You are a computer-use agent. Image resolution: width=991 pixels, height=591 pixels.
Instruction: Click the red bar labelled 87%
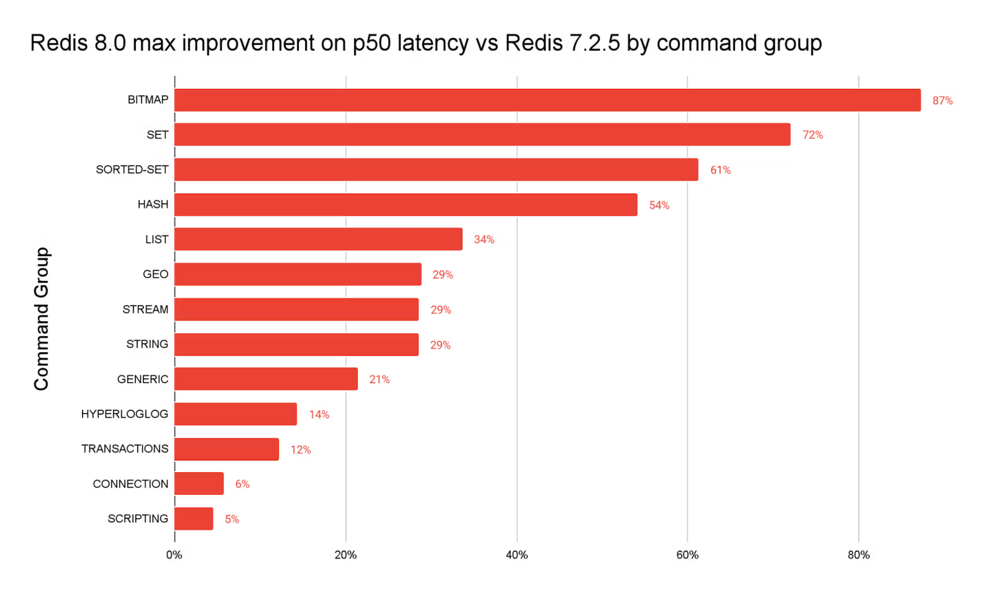547,100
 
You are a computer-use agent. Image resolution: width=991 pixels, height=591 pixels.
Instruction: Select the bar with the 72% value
482,135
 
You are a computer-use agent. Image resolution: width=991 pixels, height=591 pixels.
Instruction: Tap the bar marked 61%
436,170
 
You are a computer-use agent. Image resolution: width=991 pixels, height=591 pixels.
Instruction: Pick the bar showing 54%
406,205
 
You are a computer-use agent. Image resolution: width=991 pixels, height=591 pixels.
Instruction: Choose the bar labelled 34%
318,239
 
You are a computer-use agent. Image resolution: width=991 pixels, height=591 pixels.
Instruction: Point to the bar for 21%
266,379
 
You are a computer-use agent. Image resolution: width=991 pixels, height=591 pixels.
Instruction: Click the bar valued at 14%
236,414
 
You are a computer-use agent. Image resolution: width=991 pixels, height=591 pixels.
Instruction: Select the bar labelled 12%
227,450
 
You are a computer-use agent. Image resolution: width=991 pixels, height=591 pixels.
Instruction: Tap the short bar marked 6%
199,484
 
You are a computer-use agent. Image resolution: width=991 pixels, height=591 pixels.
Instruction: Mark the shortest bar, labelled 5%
194,519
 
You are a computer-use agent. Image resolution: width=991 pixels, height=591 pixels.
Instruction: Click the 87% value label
942,101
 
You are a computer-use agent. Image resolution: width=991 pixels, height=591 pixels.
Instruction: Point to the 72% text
812,135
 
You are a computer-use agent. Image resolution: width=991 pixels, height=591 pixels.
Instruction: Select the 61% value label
721,170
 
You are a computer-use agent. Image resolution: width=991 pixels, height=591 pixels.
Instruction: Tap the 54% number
659,205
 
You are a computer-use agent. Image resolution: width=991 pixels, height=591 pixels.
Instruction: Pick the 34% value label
484,240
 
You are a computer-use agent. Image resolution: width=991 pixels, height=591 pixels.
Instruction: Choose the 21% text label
379,380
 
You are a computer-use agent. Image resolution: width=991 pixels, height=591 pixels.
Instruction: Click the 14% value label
319,415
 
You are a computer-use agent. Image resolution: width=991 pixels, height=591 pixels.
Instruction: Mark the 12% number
300,450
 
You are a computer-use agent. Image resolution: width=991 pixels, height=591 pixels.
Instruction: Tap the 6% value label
242,485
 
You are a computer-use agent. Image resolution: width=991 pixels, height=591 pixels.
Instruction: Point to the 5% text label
232,519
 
